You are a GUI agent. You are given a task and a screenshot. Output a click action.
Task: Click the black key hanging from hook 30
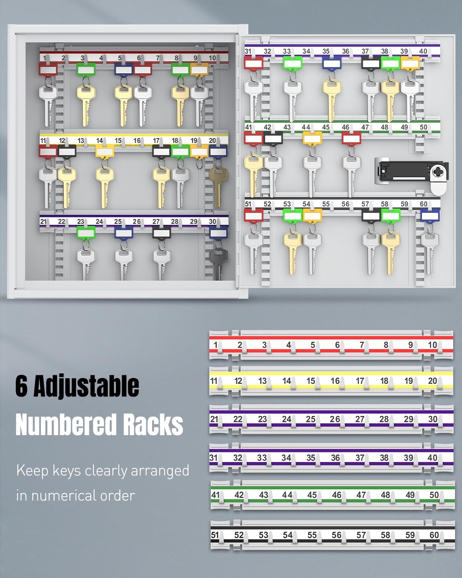[x=219, y=263]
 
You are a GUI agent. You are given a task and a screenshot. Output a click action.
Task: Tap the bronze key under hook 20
[x=218, y=187]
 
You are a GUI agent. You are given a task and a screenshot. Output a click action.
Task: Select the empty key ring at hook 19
[x=199, y=163]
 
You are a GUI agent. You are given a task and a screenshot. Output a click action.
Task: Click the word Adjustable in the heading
[x=86, y=386]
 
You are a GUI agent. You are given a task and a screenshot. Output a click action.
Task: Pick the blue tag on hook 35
[x=331, y=63]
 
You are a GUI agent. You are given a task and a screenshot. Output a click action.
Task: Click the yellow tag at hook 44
[x=312, y=138]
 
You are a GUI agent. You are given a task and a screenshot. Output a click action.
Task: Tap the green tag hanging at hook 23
[x=86, y=232]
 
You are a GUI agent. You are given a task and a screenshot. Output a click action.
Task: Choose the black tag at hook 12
[x=67, y=151]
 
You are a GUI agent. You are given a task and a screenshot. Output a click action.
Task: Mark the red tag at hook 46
[x=352, y=138]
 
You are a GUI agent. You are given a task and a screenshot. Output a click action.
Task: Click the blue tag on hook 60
[x=430, y=215]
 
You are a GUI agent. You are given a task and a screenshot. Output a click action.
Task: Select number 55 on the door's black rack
[x=326, y=204]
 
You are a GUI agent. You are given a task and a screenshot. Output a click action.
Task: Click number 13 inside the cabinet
[x=80, y=141]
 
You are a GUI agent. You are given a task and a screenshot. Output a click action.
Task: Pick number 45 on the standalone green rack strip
[x=312, y=495]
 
